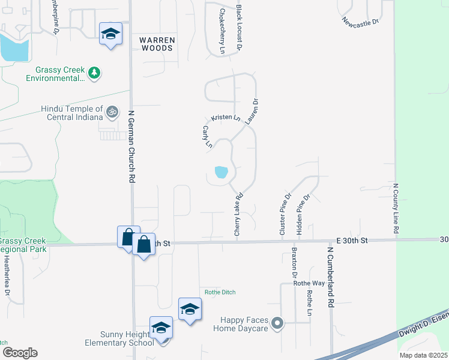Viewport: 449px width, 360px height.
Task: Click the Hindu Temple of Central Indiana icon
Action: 112,112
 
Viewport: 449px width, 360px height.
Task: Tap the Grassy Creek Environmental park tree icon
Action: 94,73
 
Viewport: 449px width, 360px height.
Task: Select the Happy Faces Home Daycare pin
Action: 277,324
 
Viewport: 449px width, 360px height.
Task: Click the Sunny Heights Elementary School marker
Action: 161,328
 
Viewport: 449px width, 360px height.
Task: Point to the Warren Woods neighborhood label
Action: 157,44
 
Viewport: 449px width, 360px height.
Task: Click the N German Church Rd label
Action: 132,145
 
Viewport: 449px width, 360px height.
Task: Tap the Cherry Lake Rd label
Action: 239,214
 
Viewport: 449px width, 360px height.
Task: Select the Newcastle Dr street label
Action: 361,22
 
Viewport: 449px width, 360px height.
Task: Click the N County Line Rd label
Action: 396,209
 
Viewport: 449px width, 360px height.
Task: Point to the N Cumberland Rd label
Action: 330,277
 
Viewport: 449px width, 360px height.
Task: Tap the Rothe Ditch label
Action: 220,292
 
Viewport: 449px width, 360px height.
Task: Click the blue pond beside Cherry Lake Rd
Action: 221,173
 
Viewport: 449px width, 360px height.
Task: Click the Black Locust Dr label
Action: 239,28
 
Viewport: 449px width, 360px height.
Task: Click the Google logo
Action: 20,353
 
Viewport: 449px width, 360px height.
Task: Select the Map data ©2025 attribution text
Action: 423,355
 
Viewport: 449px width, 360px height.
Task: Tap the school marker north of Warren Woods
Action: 110,34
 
